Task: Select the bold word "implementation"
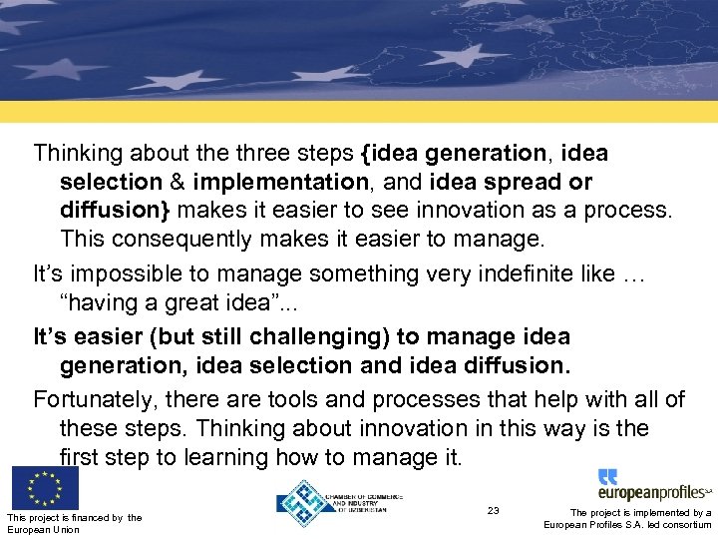coord(281,183)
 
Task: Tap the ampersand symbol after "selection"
coord(177,183)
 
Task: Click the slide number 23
coord(493,511)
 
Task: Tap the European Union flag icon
coord(45,487)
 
